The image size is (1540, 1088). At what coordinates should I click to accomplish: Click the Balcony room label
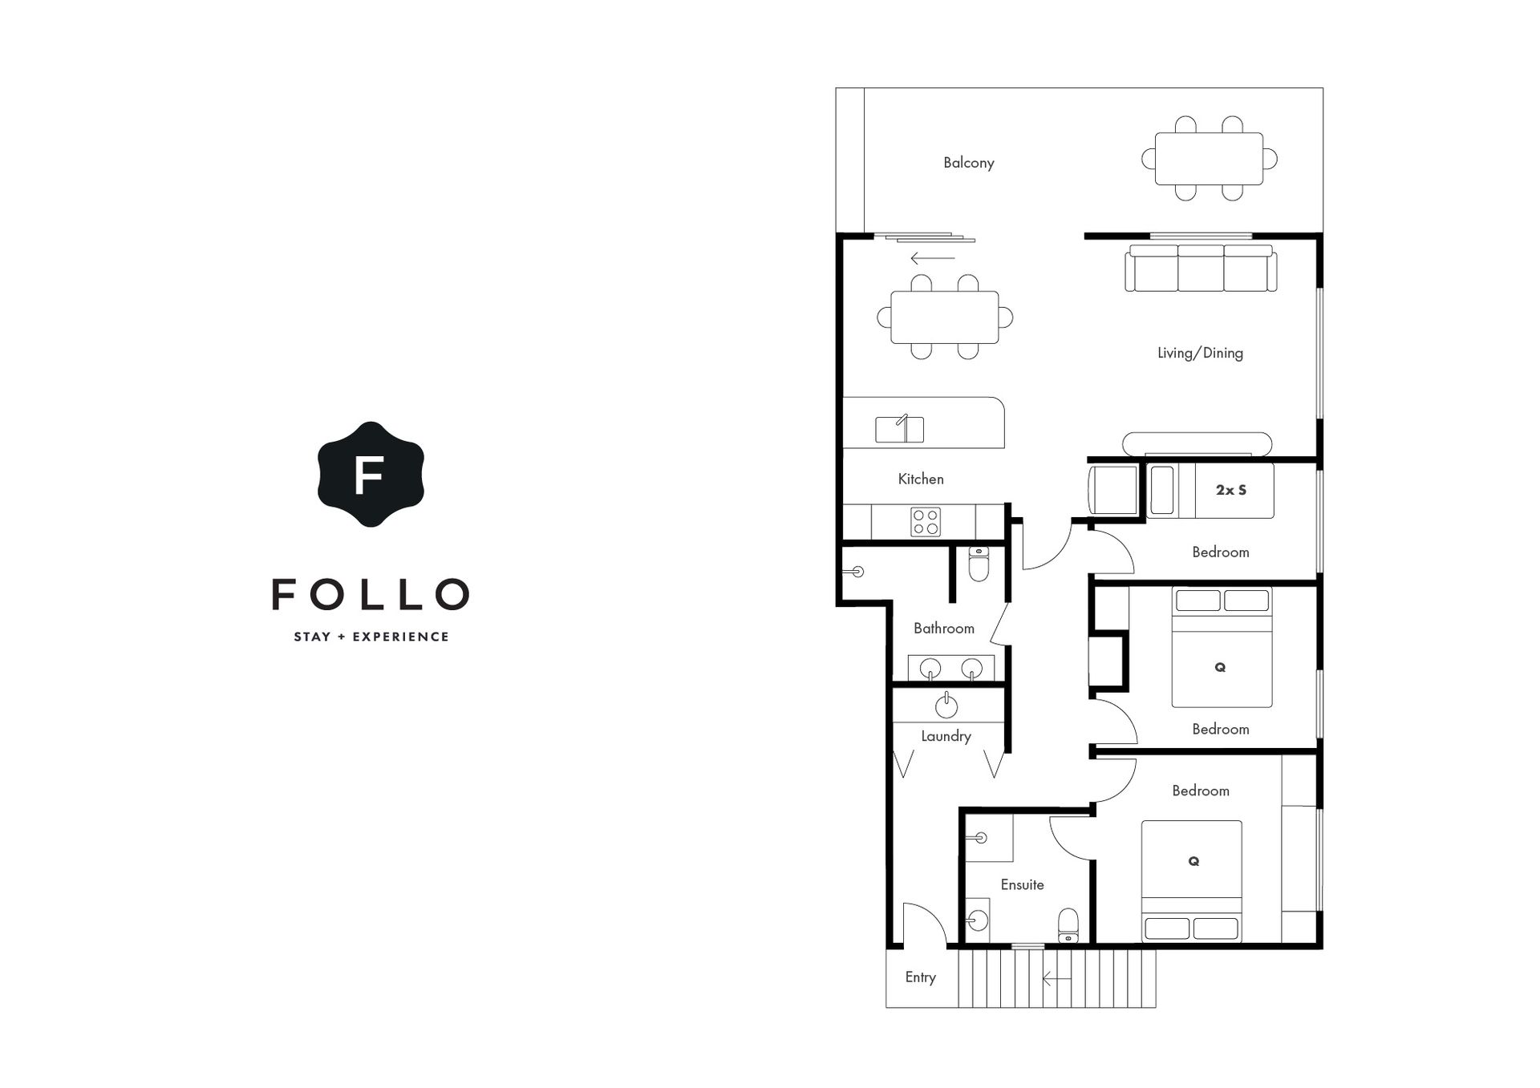pyautogui.click(x=968, y=163)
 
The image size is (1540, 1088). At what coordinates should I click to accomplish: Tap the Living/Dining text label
pyautogui.click(x=1200, y=353)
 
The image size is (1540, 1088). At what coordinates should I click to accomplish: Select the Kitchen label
pyautogui.click(x=921, y=479)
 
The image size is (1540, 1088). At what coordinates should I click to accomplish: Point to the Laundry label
pyautogui.click(x=946, y=736)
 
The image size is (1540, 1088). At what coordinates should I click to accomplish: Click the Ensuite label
pyautogui.click(x=1022, y=884)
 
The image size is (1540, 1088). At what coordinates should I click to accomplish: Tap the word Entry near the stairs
pyautogui.click(x=920, y=977)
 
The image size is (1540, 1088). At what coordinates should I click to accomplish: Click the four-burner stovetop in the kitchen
pyautogui.click(x=926, y=522)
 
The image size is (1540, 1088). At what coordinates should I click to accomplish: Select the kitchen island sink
pyautogui.click(x=899, y=429)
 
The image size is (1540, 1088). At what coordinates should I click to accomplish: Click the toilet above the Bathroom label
pyautogui.click(x=979, y=564)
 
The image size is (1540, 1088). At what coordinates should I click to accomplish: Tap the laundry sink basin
pyautogui.click(x=946, y=706)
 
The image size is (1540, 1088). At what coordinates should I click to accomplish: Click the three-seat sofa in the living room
pyautogui.click(x=1201, y=268)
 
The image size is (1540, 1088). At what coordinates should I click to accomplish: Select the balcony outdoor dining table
pyautogui.click(x=1209, y=159)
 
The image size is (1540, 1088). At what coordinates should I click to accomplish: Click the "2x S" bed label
pyautogui.click(x=1231, y=490)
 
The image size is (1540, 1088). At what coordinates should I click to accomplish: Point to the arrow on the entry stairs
pyautogui.click(x=1056, y=979)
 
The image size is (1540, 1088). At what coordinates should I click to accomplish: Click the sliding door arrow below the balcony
pyautogui.click(x=932, y=258)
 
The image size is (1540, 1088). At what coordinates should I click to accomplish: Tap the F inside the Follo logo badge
pyautogui.click(x=369, y=475)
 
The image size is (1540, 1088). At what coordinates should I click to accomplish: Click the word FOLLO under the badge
pyautogui.click(x=371, y=594)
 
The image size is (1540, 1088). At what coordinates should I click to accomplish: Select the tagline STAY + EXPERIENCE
pyautogui.click(x=371, y=637)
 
